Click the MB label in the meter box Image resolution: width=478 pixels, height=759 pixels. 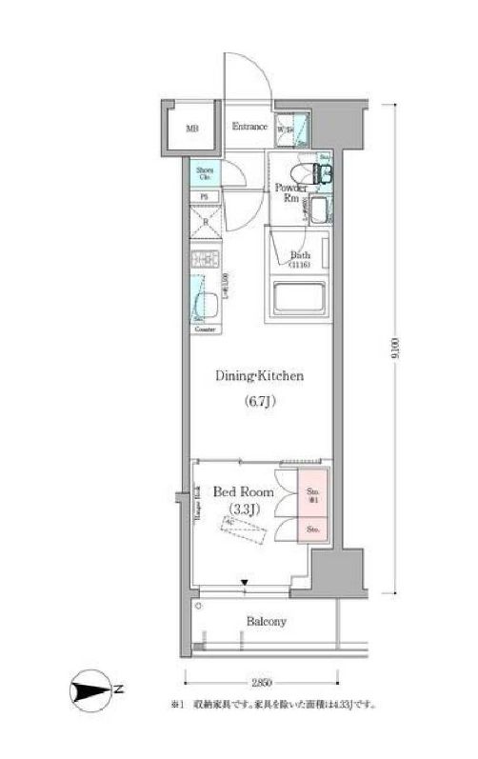[192, 129]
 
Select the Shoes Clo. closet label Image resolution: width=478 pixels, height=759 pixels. [205, 174]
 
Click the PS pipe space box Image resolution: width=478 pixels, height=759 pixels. [204, 197]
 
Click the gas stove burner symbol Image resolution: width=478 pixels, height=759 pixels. [204, 260]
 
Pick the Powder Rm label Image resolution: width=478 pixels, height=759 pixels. [289, 193]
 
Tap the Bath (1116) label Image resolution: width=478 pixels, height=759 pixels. [301, 259]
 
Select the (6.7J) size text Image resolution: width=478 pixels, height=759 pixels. [258, 401]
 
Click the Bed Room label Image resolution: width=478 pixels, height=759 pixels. [243, 492]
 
